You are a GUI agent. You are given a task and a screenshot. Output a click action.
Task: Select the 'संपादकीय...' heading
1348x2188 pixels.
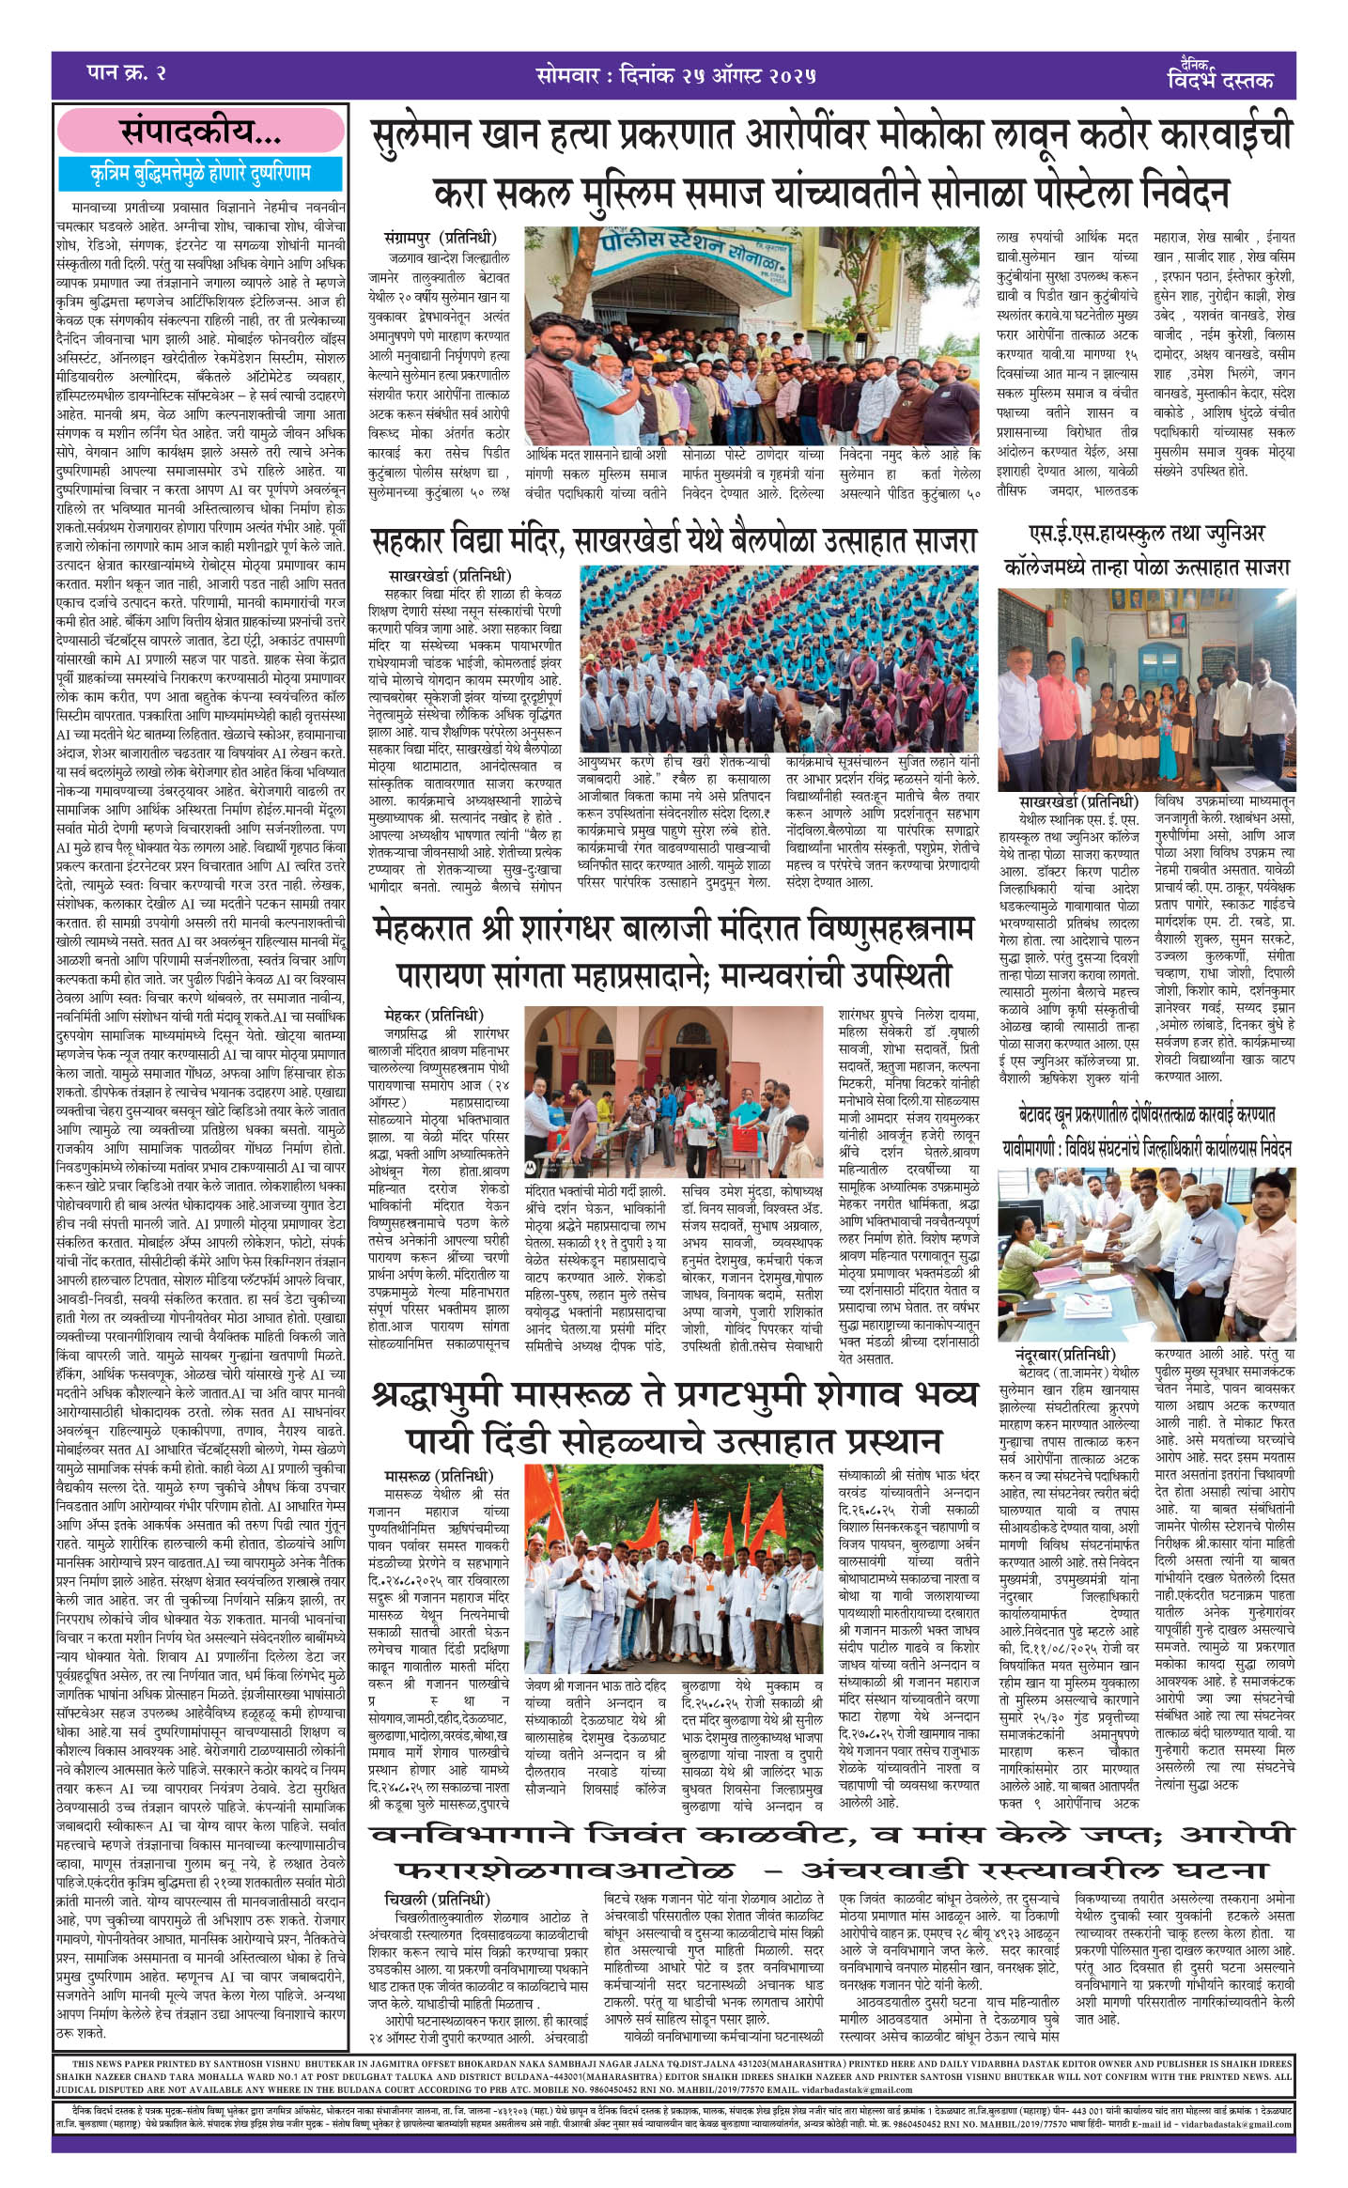(200, 132)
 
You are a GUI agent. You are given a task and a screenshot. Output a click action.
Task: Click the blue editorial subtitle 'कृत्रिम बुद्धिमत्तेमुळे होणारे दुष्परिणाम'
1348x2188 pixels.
(200, 173)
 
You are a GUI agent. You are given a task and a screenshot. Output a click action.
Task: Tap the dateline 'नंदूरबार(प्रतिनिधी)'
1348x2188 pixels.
(1064, 1354)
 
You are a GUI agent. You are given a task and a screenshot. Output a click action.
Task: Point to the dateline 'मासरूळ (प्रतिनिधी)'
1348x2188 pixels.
(438, 1476)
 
